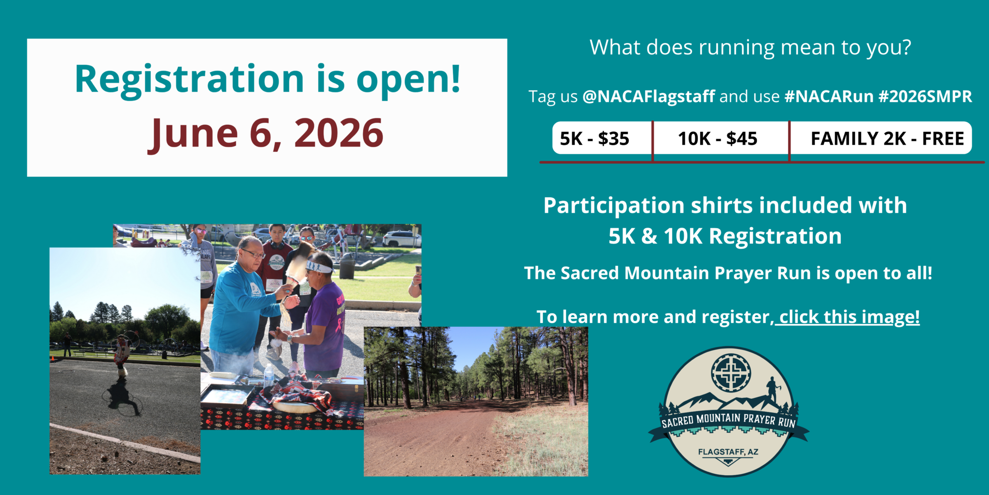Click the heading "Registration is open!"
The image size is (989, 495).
click(268, 79)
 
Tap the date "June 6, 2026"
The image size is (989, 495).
click(266, 133)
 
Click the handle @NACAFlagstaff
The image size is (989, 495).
click(649, 96)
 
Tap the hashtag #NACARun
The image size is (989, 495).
click(829, 96)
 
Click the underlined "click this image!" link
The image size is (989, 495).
click(849, 317)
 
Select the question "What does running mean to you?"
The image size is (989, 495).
click(750, 47)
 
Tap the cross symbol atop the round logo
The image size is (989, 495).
click(731, 373)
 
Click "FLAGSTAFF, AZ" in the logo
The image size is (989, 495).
click(728, 452)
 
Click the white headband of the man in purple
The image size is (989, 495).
click(319, 266)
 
